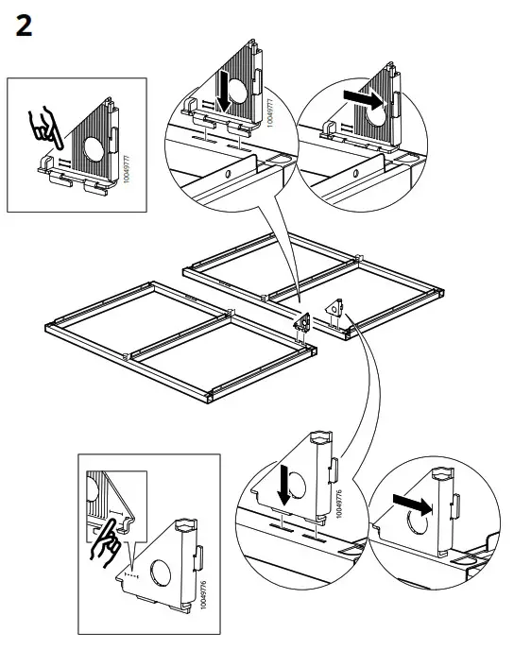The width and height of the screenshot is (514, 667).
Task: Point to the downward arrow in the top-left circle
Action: pos(223,92)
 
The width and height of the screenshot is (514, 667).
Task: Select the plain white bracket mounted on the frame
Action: pos(335,309)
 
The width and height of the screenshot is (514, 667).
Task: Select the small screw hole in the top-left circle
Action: pos(227,174)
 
